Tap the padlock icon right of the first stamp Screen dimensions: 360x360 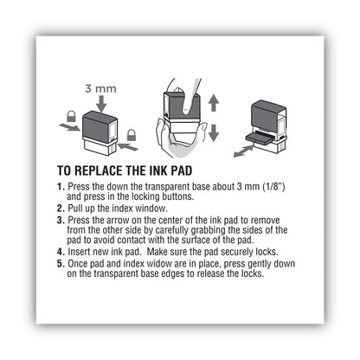[x=132, y=136]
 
